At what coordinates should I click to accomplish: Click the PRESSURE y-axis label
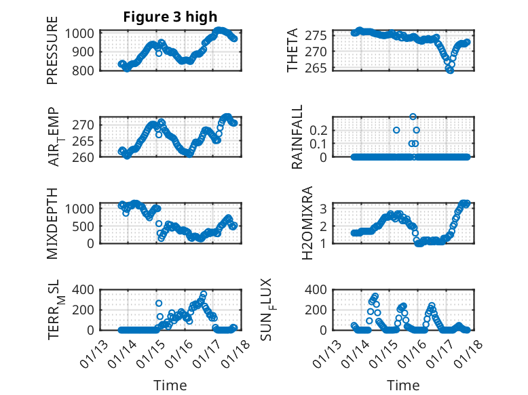(53, 56)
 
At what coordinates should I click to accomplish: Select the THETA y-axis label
(293, 50)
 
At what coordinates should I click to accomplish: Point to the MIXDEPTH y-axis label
(53, 222)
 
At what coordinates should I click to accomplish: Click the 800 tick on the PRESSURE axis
(87, 70)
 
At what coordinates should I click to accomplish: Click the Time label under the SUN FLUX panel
(403, 385)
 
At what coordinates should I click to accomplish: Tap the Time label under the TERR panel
(170, 385)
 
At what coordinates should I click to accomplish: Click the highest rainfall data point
(413, 117)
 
